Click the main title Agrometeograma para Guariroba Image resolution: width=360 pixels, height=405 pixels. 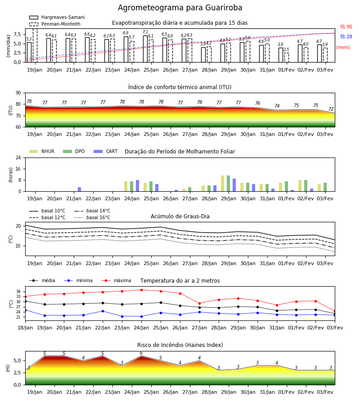(180, 8)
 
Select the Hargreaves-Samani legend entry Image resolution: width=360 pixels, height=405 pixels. (57, 17)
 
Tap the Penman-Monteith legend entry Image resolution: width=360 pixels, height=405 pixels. (55, 24)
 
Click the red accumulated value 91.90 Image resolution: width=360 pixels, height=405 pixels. (346, 27)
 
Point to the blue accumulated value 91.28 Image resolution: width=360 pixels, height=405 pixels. (346, 37)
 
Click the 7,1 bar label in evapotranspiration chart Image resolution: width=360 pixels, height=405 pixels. (145, 32)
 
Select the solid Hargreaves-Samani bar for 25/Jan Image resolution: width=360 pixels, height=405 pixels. (145, 49)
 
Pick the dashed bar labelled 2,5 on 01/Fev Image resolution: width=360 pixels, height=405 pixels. (287, 57)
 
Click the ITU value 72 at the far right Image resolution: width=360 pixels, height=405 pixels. (331, 109)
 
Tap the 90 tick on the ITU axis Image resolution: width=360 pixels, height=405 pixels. (18, 93)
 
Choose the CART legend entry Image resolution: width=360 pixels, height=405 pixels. (106, 151)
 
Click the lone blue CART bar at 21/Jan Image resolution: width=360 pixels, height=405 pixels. (79, 189)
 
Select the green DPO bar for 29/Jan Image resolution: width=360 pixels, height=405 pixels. (228, 184)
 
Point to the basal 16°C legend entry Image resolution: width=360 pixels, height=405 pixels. (92, 217)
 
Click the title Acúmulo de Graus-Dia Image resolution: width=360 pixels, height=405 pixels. (180, 216)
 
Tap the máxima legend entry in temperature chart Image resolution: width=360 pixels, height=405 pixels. (116, 280)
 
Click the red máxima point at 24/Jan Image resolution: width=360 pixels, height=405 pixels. (141, 290)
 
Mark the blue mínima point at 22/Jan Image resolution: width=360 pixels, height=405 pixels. (103, 311)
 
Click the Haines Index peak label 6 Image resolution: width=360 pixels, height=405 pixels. (141, 353)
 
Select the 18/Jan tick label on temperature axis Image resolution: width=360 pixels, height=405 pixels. (25, 328)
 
